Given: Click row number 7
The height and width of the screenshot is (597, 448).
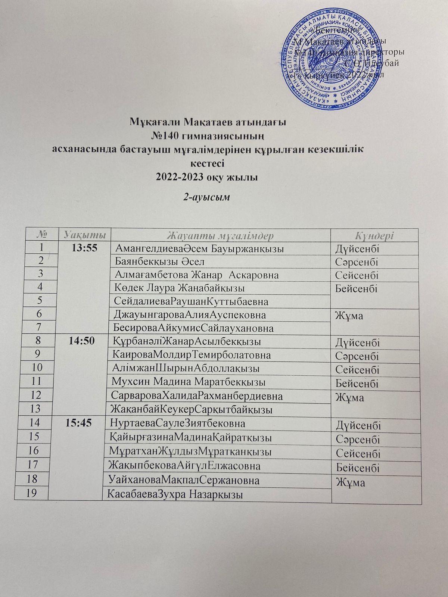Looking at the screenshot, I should pos(39,327).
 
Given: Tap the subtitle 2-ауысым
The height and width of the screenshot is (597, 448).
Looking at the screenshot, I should pos(205,198).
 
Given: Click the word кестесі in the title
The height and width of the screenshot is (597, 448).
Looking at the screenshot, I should pos(207,163).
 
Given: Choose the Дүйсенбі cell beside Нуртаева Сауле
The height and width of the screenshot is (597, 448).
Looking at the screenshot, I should pos(358,426).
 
